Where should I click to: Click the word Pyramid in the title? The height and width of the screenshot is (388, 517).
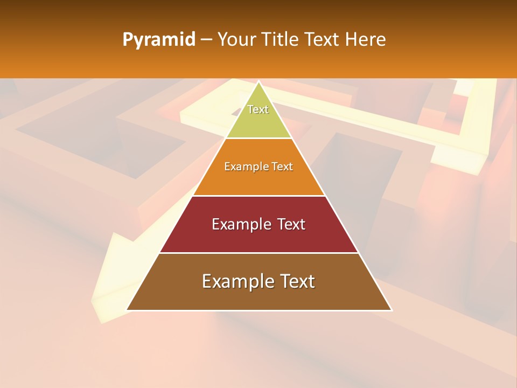pyautogui.click(x=158, y=40)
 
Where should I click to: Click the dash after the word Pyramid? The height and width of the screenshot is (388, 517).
pyautogui.click(x=206, y=40)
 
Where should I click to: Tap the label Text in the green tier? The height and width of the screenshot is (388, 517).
pyautogui.click(x=258, y=109)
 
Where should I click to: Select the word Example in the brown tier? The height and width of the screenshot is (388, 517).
pyautogui.click(x=235, y=281)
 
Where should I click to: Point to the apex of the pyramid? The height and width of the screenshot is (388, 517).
pyautogui.click(x=259, y=82)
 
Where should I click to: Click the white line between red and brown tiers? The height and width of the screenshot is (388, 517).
pyautogui.click(x=258, y=253)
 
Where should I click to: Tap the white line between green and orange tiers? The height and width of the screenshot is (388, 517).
pyautogui.click(x=258, y=138)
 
